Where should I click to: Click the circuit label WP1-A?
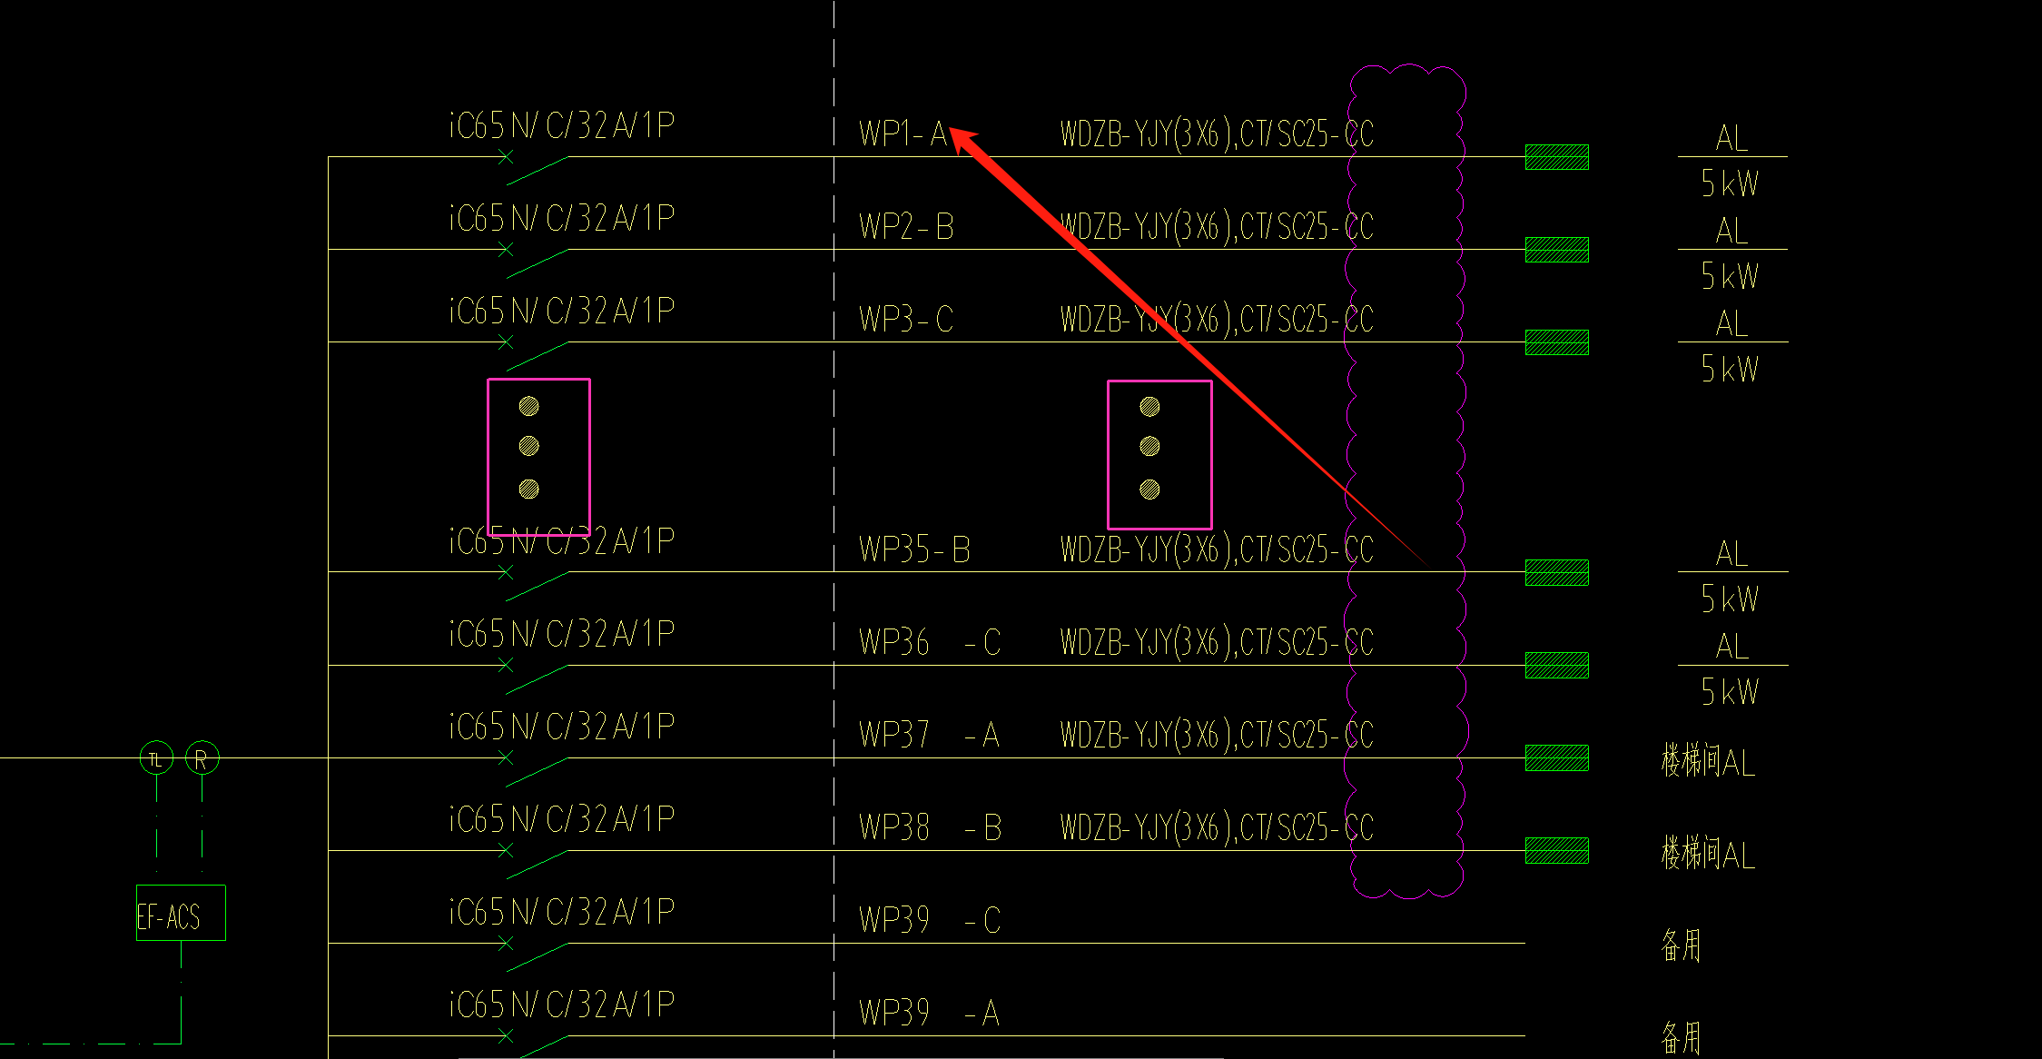[x=903, y=134]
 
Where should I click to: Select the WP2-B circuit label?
[x=906, y=227]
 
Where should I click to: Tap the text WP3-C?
[x=906, y=320]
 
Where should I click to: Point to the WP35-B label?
[x=914, y=550]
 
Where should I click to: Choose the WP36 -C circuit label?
[x=929, y=643]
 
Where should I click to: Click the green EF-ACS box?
[x=181, y=913]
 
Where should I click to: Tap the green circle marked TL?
[x=156, y=758]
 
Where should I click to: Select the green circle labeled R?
[x=202, y=758]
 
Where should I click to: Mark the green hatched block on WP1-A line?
[x=1556, y=157]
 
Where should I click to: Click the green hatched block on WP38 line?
[x=1556, y=851]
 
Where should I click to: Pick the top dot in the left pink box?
[x=528, y=406]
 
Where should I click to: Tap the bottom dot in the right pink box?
[x=1149, y=490]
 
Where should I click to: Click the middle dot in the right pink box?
[x=1149, y=446]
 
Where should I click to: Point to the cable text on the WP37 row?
[x=1217, y=736]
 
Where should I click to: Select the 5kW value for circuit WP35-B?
[x=1730, y=599]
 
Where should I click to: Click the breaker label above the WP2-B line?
[x=562, y=219]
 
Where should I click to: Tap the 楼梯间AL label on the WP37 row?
[x=1707, y=761]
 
